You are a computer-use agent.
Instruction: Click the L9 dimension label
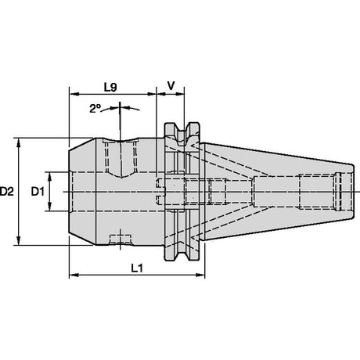[x=110, y=88]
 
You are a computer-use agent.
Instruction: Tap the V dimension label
[x=171, y=85]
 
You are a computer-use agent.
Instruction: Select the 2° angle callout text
[x=95, y=109]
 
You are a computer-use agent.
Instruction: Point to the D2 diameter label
[x=6, y=192]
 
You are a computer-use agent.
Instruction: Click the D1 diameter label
[x=38, y=192]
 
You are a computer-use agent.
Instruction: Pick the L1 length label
[x=137, y=268]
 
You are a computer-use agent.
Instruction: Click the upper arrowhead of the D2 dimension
[x=19, y=143]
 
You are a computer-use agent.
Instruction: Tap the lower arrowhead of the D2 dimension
[x=19, y=240]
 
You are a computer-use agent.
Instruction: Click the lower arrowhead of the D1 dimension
[x=49, y=207]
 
